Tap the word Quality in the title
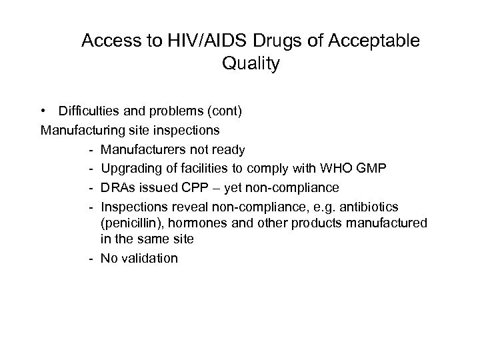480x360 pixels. (249, 64)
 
